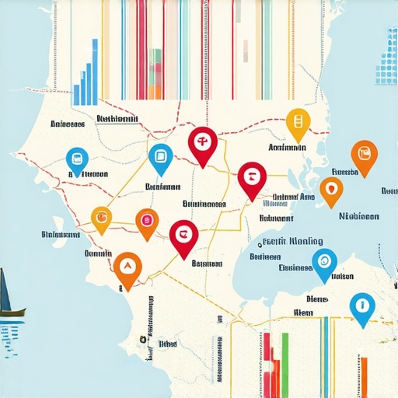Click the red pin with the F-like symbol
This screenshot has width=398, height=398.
click(x=201, y=142)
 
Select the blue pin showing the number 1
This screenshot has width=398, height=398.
click(x=361, y=305)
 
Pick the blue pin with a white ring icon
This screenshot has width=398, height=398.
click(x=323, y=262)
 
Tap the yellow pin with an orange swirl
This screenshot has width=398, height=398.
click(x=102, y=217)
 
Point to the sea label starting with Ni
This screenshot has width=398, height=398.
click(x=359, y=217)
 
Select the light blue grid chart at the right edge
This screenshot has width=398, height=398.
click(x=386, y=62)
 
